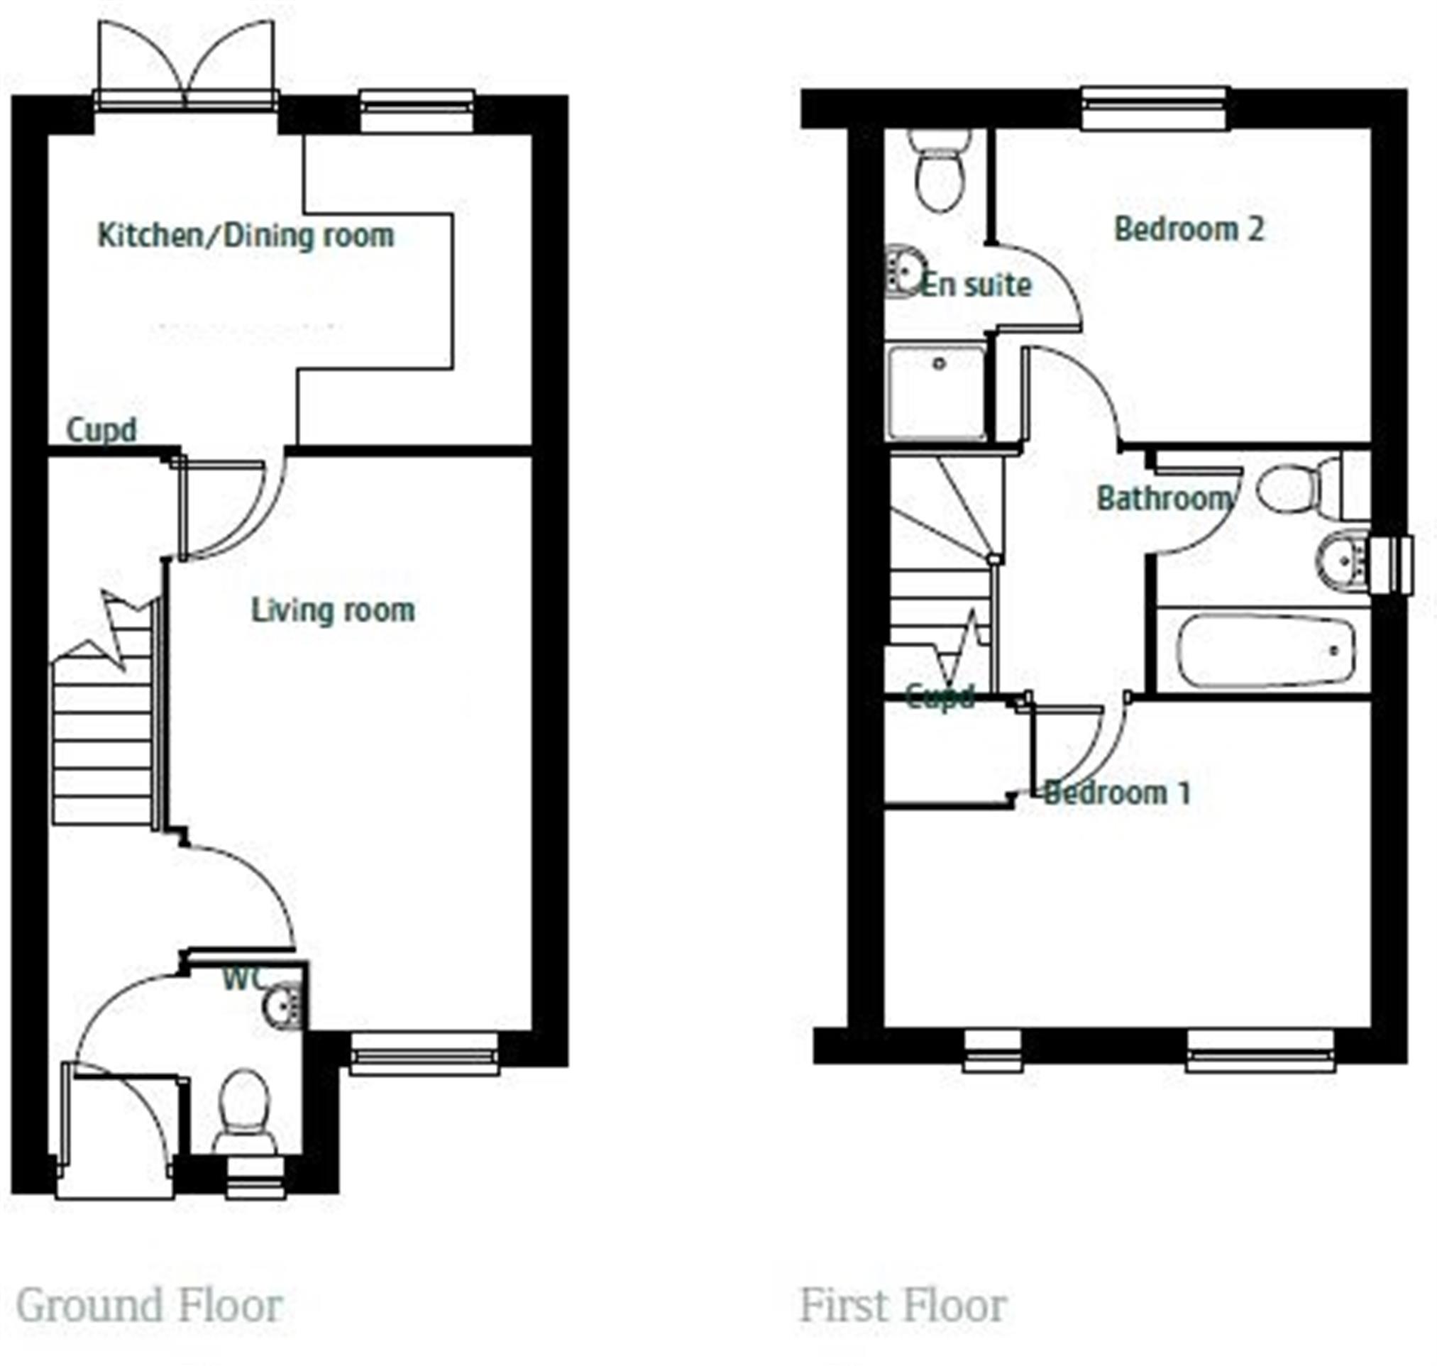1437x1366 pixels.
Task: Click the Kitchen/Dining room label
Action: tap(246, 236)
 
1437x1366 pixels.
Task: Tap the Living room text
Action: tap(333, 610)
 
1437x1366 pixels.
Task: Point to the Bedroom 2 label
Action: tap(1189, 229)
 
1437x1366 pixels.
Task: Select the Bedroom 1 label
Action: tap(1117, 792)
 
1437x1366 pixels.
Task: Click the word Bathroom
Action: tap(1165, 499)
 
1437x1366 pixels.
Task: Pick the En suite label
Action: tap(976, 285)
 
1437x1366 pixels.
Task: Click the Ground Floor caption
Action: tap(149, 1306)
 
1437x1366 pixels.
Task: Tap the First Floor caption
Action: tap(904, 1306)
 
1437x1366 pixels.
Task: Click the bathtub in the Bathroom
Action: tap(1267, 651)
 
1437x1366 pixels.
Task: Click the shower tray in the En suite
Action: tap(937, 392)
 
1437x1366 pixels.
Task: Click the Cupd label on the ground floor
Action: tap(101, 429)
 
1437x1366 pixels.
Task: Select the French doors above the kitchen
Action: tap(187, 65)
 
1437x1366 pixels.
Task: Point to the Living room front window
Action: tap(424, 1053)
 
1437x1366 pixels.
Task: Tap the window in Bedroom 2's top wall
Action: tap(1156, 109)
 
